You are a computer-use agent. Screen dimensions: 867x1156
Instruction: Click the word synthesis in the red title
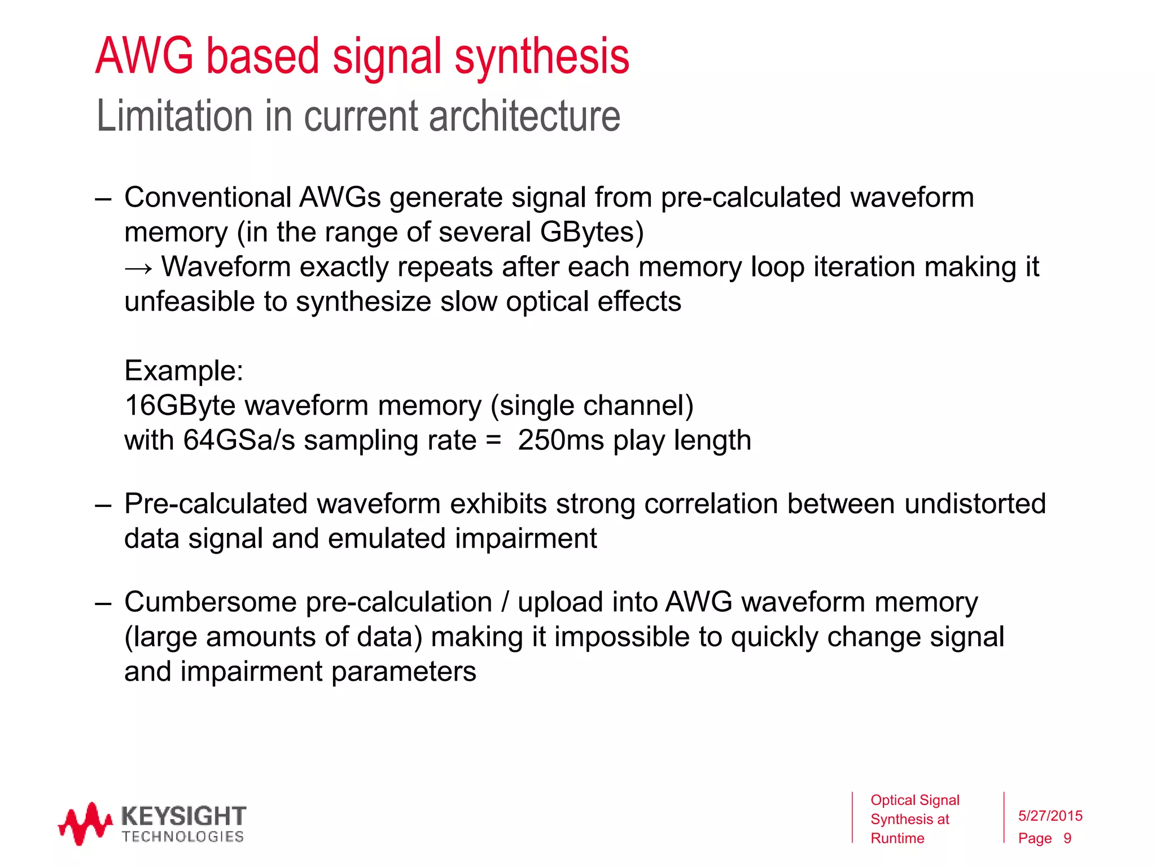[541, 56]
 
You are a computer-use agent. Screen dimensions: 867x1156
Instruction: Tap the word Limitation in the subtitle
[174, 116]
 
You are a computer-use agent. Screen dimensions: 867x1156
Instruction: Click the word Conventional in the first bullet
[207, 198]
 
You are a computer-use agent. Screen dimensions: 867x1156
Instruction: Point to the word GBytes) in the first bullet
[592, 232]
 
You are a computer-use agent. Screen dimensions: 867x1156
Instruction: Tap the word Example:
[183, 371]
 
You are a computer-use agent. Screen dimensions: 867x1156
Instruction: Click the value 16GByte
[180, 406]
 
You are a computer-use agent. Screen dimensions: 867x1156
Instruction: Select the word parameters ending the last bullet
[404, 672]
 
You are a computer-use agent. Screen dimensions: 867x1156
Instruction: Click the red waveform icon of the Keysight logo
[84, 824]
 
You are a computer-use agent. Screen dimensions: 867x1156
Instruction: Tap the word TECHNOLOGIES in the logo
[182, 837]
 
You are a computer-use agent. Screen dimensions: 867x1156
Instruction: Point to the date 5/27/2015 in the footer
[1050, 816]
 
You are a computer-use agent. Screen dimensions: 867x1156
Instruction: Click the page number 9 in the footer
[1067, 838]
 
